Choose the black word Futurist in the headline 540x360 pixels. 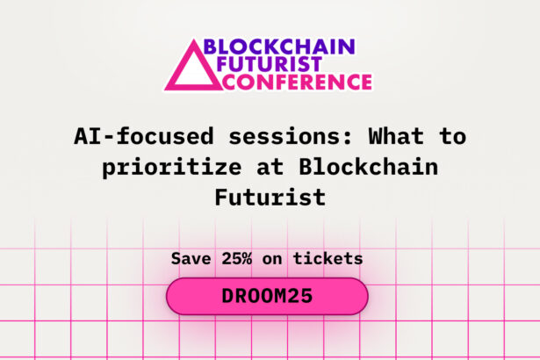pos(270,198)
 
